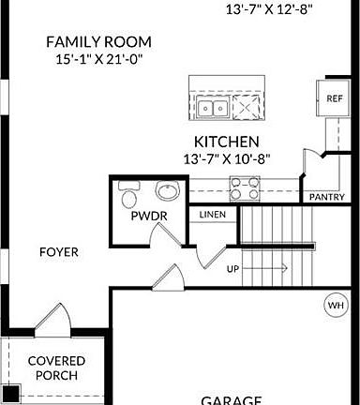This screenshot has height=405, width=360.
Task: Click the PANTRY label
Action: point(326,197)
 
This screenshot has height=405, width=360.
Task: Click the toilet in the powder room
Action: point(130,198)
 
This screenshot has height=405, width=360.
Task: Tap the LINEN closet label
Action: point(213,215)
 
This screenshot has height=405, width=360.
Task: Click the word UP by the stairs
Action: point(233,269)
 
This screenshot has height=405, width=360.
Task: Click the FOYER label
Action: point(58,252)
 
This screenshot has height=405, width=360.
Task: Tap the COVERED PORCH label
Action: point(56,367)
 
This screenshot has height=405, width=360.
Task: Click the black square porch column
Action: point(10,395)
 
